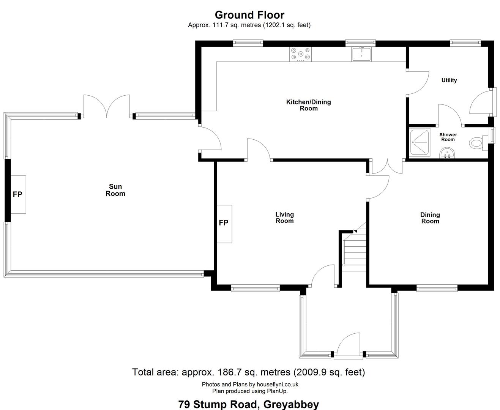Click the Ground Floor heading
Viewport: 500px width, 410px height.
pos(249,15)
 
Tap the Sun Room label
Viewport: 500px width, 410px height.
pos(115,190)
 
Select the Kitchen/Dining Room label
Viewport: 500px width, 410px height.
pos(308,105)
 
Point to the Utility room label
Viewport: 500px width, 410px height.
pos(449,80)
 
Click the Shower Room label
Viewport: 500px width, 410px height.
pos(448,137)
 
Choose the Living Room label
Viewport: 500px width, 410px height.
pos(284,218)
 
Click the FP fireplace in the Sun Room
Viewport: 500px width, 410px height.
pos(18,194)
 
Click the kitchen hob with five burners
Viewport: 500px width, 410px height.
pos(300,54)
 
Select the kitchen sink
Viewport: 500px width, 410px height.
pos(361,54)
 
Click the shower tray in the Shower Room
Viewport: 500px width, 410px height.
pos(420,142)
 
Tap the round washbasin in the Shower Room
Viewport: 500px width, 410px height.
pos(447,153)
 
